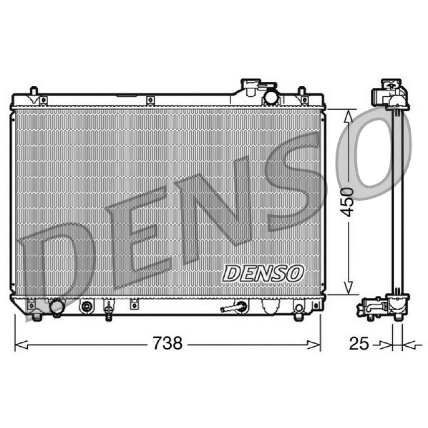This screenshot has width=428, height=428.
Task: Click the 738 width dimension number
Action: (167, 343)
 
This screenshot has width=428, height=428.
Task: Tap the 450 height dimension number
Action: (347, 202)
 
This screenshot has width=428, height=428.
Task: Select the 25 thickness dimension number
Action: (359, 343)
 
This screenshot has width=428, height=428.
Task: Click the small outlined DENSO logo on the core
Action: (263, 273)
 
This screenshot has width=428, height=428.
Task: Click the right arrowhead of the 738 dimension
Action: (314, 345)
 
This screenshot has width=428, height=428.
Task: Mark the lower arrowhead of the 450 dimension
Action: (348, 288)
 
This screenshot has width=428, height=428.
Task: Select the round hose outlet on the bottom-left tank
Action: (57, 307)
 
